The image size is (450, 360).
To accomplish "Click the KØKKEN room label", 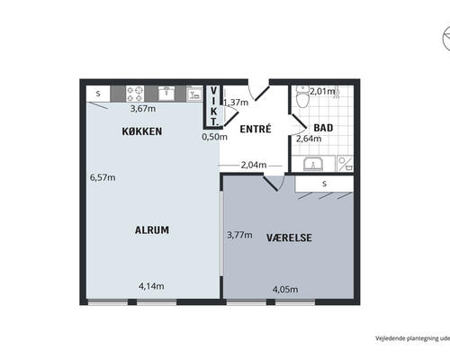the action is tap(142, 131).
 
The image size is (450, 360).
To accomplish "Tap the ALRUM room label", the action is tap(152, 230).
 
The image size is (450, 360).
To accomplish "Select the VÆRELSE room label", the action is tap(289, 238).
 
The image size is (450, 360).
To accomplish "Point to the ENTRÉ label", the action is tap(256, 129).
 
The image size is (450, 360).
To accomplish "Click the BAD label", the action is tap(323, 128).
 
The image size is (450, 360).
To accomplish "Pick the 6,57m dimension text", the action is tap(103, 177).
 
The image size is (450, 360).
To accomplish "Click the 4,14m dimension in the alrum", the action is tap(151, 286).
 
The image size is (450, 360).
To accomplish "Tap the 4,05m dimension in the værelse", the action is tap(285, 290).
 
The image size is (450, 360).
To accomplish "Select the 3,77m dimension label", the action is tap(239, 235).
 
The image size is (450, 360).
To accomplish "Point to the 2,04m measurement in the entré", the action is tap(254, 165).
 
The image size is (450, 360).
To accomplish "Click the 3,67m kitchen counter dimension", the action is tap(143, 109).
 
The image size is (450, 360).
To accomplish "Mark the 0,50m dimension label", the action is tap(214, 137).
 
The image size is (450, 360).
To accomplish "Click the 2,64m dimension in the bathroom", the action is tap(309, 139).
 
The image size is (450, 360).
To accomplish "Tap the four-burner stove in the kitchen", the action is tap(135, 94).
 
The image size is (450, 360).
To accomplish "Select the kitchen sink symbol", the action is tap(166, 94).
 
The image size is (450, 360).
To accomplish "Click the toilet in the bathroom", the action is tap(301, 97).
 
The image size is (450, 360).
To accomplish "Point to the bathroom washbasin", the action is tap(313, 164).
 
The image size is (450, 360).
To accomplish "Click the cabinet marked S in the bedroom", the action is tap(324, 184).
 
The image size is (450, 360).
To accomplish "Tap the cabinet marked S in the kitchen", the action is tap(98, 94).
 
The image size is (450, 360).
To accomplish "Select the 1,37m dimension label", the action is tap(236, 103).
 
